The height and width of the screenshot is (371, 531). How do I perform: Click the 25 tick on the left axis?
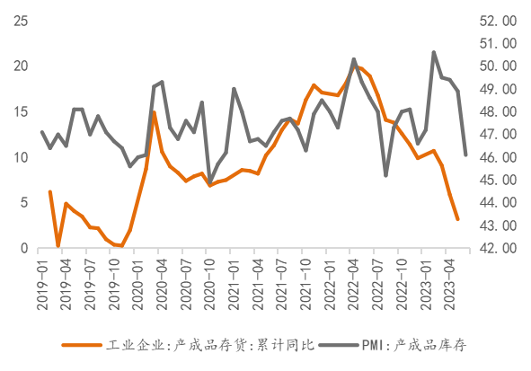[x=21, y=21]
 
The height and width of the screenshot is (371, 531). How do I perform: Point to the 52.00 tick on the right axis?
[x=498, y=21]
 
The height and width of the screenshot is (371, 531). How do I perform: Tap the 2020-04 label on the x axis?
[x=163, y=284]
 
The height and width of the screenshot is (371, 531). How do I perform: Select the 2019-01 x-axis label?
[x=42, y=284]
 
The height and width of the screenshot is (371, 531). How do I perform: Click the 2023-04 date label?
[x=450, y=284]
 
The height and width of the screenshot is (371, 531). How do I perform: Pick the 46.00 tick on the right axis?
[x=498, y=157]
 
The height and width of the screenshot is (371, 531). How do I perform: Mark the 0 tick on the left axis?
[x=24, y=248]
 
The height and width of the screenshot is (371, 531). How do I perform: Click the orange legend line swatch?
[x=82, y=345]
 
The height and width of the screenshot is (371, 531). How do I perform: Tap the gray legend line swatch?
[x=339, y=345]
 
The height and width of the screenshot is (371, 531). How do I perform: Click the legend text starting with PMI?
[x=414, y=345]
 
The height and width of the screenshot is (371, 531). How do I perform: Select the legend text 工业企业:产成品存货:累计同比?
[x=210, y=345]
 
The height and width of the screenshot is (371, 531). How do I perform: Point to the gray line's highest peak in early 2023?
[x=433, y=52]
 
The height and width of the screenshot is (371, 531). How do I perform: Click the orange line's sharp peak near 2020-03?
[x=154, y=112]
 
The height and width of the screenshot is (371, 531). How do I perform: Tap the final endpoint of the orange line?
[x=457, y=219]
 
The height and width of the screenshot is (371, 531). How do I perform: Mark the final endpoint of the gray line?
[x=466, y=155]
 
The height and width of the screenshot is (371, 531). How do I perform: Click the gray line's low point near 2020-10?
[x=210, y=182]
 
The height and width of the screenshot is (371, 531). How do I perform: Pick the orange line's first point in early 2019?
[x=50, y=192]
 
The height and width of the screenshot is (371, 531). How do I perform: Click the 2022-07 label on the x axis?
[x=378, y=284]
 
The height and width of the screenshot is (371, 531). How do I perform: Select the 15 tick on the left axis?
[x=21, y=112]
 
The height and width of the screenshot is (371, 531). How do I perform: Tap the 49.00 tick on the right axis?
[x=498, y=89]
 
